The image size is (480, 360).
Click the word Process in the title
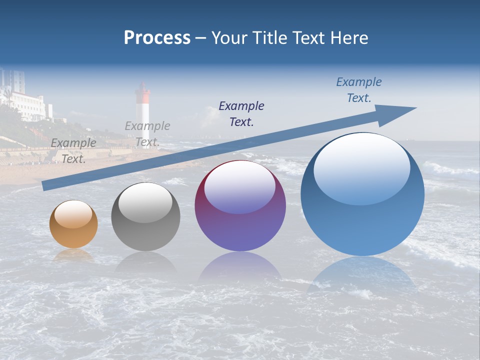(x=157, y=38)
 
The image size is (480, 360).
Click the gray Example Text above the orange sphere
(x=73, y=151)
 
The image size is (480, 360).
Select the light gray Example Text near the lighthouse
(x=147, y=134)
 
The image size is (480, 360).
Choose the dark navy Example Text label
(x=241, y=113)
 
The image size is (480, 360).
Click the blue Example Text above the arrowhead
(x=358, y=90)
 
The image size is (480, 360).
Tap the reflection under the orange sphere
(x=73, y=254)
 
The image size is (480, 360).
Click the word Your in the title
(x=231, y=38)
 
